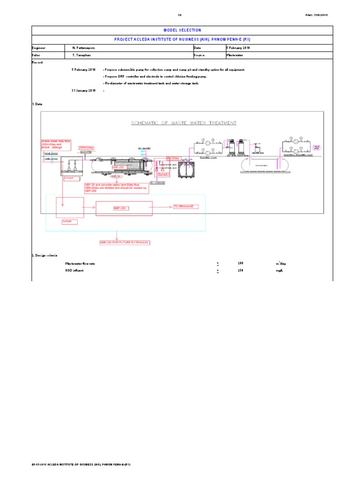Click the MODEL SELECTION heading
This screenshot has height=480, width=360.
(182, 30)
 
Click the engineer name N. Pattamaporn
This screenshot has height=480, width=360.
(87, 48)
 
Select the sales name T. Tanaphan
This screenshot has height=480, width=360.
(84, 55)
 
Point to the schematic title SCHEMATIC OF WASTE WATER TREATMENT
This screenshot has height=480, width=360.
(183, 123)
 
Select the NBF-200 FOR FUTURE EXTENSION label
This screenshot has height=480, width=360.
(125, 242)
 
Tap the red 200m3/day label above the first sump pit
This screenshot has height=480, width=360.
(86, 147)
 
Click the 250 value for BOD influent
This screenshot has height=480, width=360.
(240, 270)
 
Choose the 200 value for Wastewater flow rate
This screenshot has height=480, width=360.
(240, 263)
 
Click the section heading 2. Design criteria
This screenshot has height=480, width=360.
(44, 255)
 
